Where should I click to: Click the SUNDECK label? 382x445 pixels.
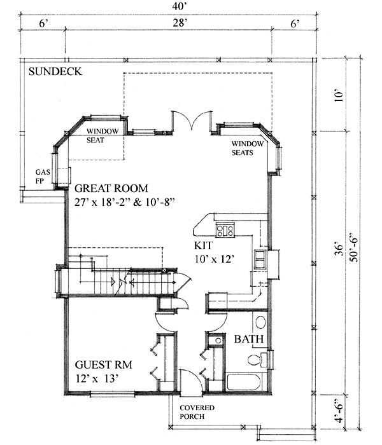click(x=55, y=72)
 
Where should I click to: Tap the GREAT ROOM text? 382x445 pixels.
click(x=111, y=189)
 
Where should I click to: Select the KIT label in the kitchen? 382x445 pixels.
click(x=203, y=245)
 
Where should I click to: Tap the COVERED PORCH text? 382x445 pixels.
click(x=196, y=413)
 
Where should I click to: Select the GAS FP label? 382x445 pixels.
click(x=43, y=176)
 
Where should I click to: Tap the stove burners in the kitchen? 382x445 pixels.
click(x=225, y=229)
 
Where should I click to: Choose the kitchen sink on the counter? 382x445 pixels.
click(x=260, y=259)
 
